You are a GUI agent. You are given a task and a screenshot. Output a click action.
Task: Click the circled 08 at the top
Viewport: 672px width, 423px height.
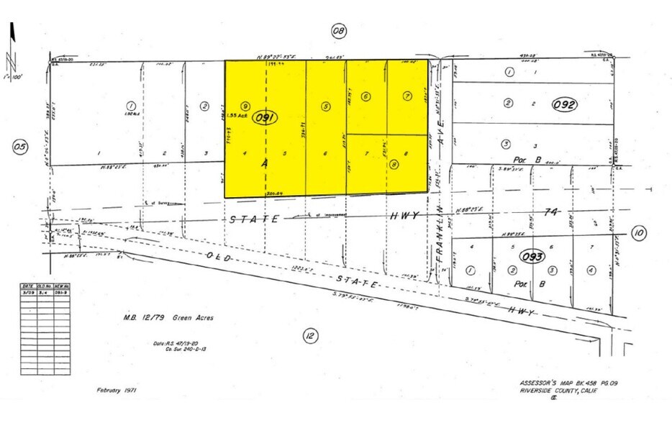[x=338, y=30]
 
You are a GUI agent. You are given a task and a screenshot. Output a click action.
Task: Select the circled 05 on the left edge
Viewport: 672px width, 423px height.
[x=20, y=147]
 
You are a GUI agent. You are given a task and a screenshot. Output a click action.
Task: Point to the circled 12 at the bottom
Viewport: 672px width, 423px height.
[x=309, y=335]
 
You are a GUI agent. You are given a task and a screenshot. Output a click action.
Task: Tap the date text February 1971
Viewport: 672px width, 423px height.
[x=116, y=391]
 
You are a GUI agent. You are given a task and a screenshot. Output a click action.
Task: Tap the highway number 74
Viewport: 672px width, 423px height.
[x=550, y=213]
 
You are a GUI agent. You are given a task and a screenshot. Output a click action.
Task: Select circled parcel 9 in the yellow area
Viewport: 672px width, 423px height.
[x=245, y=106]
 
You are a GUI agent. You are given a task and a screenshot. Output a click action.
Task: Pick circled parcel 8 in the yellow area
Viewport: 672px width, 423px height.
[x=394, y=164]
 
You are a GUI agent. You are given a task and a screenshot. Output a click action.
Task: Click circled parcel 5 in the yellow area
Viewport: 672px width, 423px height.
[x=326, y=106]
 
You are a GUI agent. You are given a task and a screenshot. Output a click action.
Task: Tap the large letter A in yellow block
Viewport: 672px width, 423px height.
[x=265, y=164]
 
